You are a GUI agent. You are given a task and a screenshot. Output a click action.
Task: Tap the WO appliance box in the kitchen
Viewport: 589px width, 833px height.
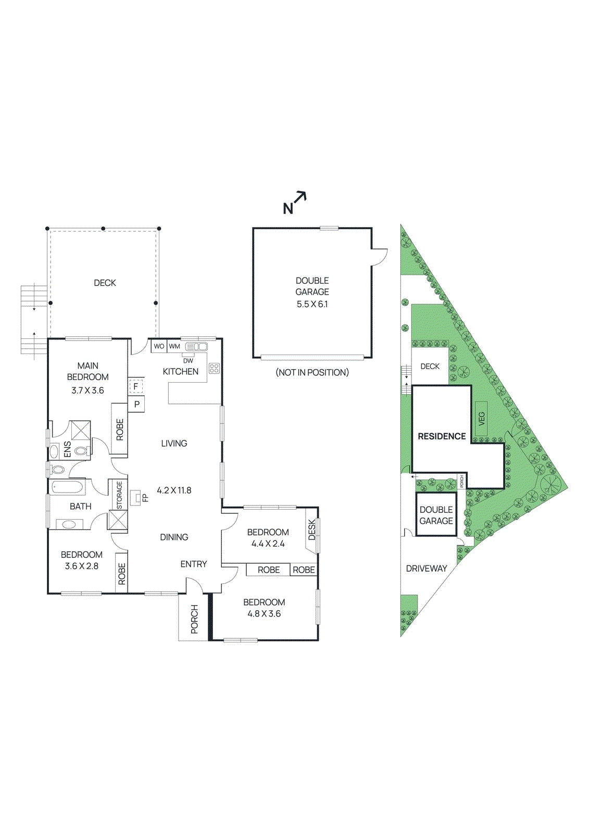click(x=159, y=346)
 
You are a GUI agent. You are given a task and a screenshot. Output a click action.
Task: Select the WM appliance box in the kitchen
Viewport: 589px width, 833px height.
click(x=174, y=346)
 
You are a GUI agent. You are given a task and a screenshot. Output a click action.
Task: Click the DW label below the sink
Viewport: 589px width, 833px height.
click(x=188, y=361)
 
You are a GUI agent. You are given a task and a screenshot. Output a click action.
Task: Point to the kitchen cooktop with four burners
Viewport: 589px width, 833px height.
click(x=214, y=369)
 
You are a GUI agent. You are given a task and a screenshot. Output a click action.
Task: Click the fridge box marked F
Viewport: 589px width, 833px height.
click(x=136, y=386)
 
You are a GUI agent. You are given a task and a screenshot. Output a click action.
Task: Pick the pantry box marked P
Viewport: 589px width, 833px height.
click(x=136, y=404)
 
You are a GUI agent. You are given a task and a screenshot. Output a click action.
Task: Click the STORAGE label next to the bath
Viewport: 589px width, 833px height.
click(x=119, y=495)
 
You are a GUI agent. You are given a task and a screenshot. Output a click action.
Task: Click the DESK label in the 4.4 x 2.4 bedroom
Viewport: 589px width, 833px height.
click(x=312, y=529)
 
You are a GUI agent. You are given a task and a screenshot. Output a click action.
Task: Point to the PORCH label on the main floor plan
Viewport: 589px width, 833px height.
click(x=194, y=619)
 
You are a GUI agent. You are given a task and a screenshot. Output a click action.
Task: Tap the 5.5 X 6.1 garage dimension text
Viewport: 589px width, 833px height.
click(x=312, y=304)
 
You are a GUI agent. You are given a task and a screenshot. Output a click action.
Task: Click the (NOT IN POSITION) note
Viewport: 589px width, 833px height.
click(x=312, y=372)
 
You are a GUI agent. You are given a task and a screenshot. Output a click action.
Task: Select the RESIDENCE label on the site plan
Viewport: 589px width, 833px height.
click(x=442, y=436)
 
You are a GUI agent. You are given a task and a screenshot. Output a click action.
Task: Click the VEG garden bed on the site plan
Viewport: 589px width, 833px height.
click(x=481, y=419)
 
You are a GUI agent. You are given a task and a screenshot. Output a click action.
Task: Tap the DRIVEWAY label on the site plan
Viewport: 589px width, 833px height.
click(x=427, y=569)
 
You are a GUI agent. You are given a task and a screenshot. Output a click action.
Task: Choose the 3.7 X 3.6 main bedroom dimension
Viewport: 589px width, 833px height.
click(x=87, y=390)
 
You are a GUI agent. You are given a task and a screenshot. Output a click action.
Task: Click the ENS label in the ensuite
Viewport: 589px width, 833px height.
click(x=67, y=450)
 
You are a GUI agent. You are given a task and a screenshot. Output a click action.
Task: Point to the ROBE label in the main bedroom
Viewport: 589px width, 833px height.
click(x=120, y=430)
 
